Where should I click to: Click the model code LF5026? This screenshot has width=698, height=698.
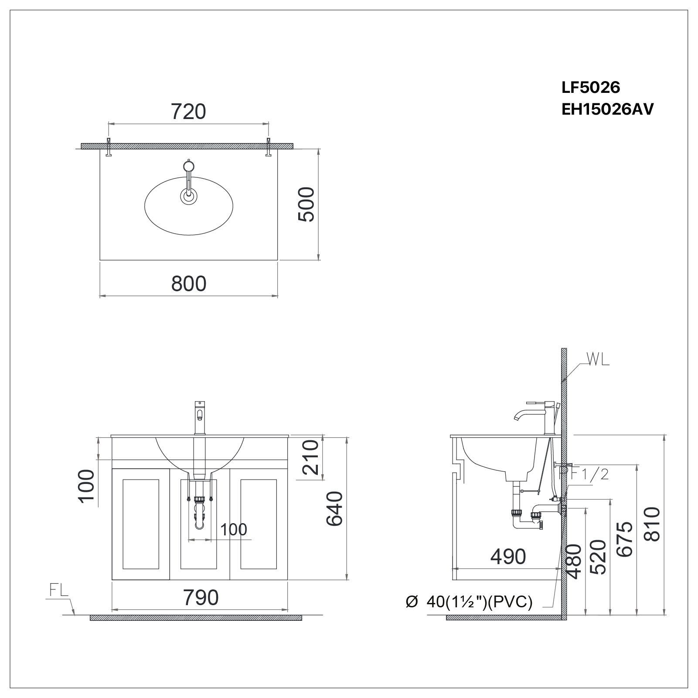point(590,88)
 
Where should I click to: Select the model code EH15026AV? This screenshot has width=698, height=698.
point(607,109)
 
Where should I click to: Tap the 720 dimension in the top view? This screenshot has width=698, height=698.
point(188,112)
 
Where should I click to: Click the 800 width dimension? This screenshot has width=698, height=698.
point(188,283)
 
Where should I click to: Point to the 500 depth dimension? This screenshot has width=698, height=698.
point(306,204)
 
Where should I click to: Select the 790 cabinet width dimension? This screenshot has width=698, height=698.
point(201,598)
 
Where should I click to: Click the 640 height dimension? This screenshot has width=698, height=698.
point(335,508)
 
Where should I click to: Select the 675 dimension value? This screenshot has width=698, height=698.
point(624,539)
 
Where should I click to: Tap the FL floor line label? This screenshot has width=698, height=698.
point(58,591)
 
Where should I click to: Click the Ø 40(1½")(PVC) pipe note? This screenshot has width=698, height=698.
point(469,602)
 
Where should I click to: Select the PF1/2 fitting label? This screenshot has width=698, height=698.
point(584,473)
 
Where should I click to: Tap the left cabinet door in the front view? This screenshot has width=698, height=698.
point(141,524)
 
